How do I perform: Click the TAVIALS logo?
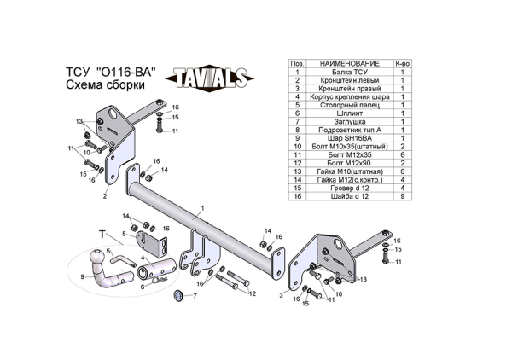pyautogui.click(x=212, y=78)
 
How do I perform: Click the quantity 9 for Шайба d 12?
pyautogui.click(x=401, y=196)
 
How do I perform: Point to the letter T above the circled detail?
pyautogui.click(x=102, y=233)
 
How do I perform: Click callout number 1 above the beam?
pyautogui.click(x=203, y=208)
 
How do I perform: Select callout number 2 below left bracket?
pyautogui.click(x=105, y=196)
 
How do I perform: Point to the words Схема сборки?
pyautogui.click(x=105, y=86)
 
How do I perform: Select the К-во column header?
pyautogui.click(x=401, y=64)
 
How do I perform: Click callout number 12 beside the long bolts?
pyautogui.click(x=253, y=293)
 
